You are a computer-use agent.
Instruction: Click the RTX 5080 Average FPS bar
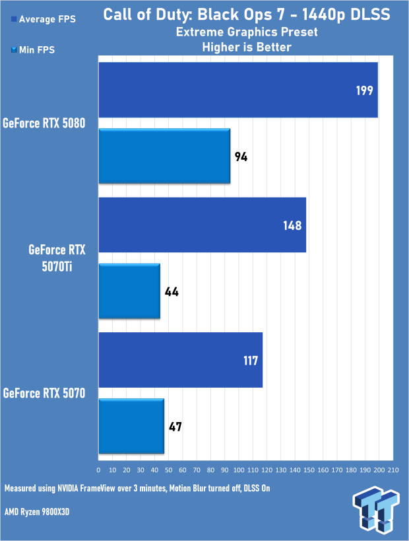point(237,90)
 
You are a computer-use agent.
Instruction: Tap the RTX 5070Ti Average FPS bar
point(202,225)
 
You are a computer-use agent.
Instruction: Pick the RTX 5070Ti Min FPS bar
point(129,291)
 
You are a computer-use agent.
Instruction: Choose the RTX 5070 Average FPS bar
point(180,360)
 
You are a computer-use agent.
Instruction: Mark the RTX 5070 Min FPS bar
point(131,426)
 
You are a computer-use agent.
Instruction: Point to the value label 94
point(241,157)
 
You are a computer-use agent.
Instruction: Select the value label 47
point(175,427)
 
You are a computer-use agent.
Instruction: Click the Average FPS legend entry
point(43,19)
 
